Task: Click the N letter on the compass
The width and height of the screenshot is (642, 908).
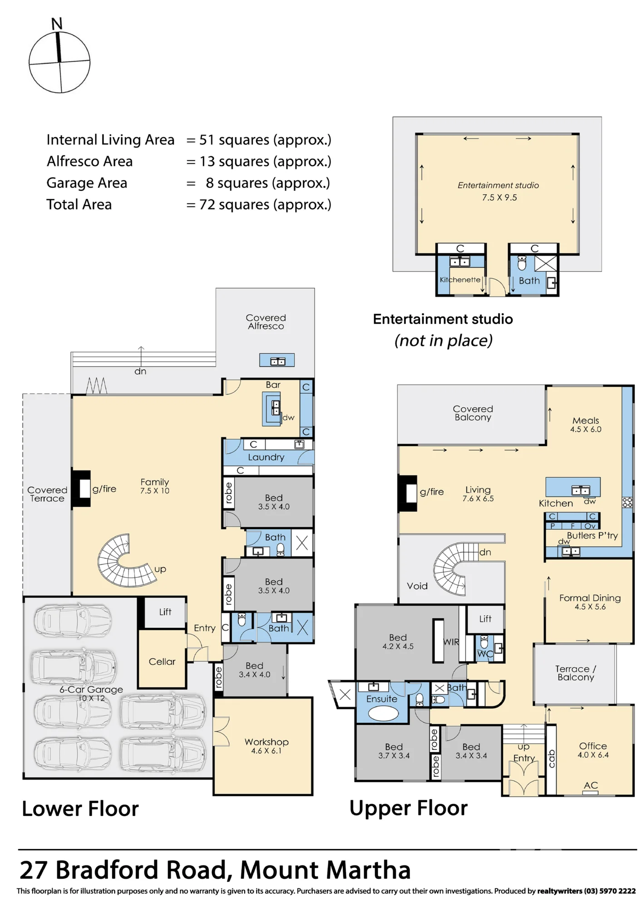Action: coord(57,24)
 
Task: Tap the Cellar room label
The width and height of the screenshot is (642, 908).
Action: coord(162,661)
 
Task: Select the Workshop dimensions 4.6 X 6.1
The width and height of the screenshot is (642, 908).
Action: coord(267,751)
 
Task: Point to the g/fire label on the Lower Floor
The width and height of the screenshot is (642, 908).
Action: coord(104,489)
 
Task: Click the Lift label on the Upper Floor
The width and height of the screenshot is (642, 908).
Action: coord(485,619)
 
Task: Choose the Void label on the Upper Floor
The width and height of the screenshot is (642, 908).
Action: coord(417,586)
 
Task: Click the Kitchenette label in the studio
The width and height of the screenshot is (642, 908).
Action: coord(460,280)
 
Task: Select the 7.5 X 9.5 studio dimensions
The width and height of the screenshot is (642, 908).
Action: coord(499,197)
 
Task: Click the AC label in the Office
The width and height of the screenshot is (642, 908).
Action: coord(591,785)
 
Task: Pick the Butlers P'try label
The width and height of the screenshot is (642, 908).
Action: coord(592,536)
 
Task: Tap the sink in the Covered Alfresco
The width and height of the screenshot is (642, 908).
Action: coord(277,361)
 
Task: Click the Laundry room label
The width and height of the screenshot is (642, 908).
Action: coord(266,457)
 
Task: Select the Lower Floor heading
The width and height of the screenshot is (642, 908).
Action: coord(80,809)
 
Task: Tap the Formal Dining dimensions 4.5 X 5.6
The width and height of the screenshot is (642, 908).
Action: coord(590,607)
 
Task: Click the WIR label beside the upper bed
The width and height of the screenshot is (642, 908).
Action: coord(451,642)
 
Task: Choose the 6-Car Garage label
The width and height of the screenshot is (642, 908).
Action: coord(91,689)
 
